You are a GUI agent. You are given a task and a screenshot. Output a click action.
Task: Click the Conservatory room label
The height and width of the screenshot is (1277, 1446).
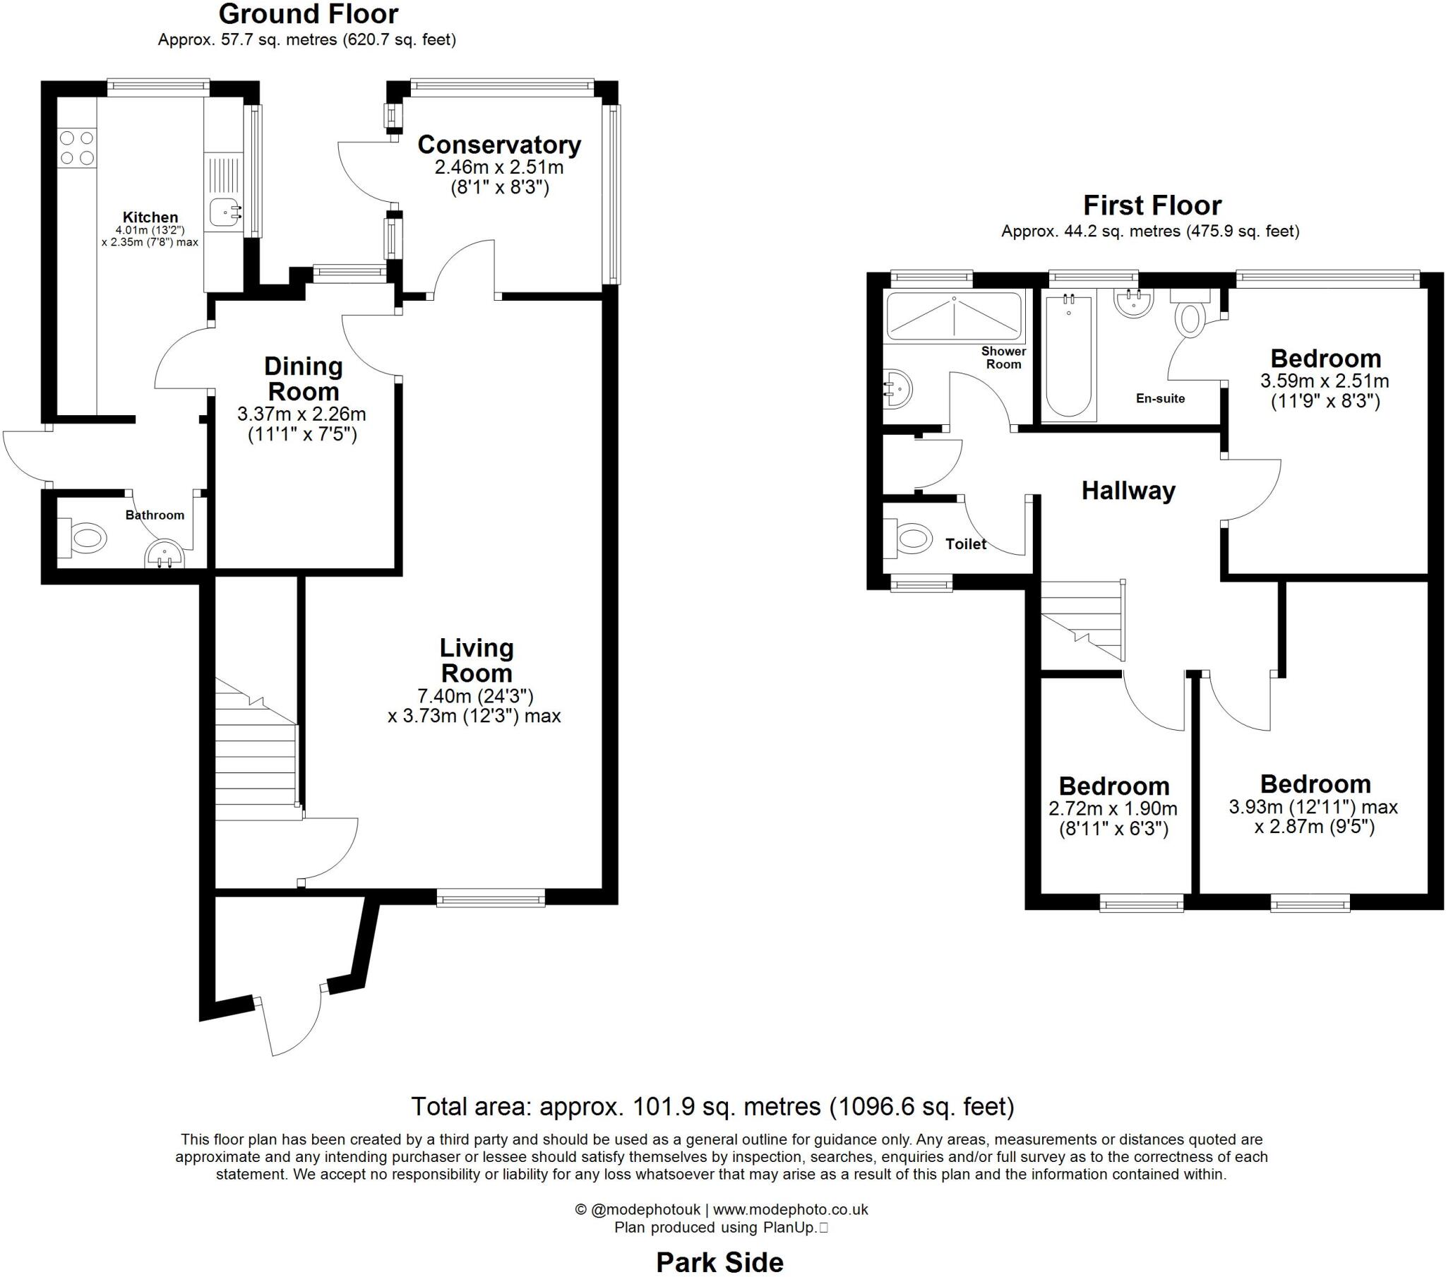click(498, 145)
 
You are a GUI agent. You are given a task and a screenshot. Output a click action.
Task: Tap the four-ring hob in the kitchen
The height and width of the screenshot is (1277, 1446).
click(77, 148)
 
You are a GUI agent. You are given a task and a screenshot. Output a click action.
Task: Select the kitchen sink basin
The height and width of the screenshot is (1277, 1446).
click(225, 211)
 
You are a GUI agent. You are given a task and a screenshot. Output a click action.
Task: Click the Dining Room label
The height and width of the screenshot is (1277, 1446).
click(304, 378)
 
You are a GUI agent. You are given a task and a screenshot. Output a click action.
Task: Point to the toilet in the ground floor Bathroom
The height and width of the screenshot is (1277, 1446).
click(85, 537)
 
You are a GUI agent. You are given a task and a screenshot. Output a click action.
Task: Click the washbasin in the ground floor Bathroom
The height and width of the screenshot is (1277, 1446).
click(164, 556)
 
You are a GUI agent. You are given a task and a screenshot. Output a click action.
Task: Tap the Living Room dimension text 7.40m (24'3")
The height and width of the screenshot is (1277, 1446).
click(475, 696)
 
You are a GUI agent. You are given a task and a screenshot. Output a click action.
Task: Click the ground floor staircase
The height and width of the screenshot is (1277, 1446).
click(256, 757)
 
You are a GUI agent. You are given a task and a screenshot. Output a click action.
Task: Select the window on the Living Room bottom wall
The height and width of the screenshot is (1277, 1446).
click(491, 899)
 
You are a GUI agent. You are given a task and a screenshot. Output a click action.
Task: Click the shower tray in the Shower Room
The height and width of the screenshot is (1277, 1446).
click(954, 316)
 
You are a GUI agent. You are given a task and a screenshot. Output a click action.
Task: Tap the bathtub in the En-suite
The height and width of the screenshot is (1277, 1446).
click(1068, 357)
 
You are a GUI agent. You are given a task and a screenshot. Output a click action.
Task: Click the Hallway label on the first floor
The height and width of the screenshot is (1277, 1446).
click(1128, 491)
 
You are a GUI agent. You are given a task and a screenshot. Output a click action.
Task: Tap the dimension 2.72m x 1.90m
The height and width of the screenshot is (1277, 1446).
click(1113, 808)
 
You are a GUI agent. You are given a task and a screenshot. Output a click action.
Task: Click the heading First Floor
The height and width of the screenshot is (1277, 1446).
click(1152, 206)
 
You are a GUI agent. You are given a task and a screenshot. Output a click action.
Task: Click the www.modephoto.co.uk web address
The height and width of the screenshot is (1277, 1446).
click(790, 1209)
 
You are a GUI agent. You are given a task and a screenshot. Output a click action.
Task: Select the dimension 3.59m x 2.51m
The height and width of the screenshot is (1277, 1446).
click(1325, 381)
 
